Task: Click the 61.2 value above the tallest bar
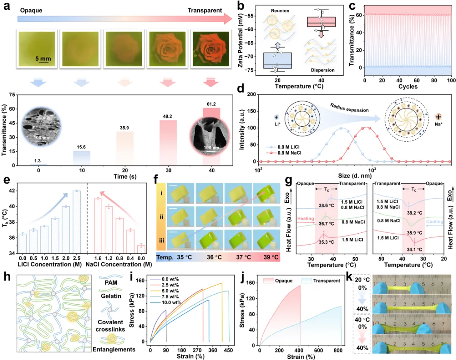214,104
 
